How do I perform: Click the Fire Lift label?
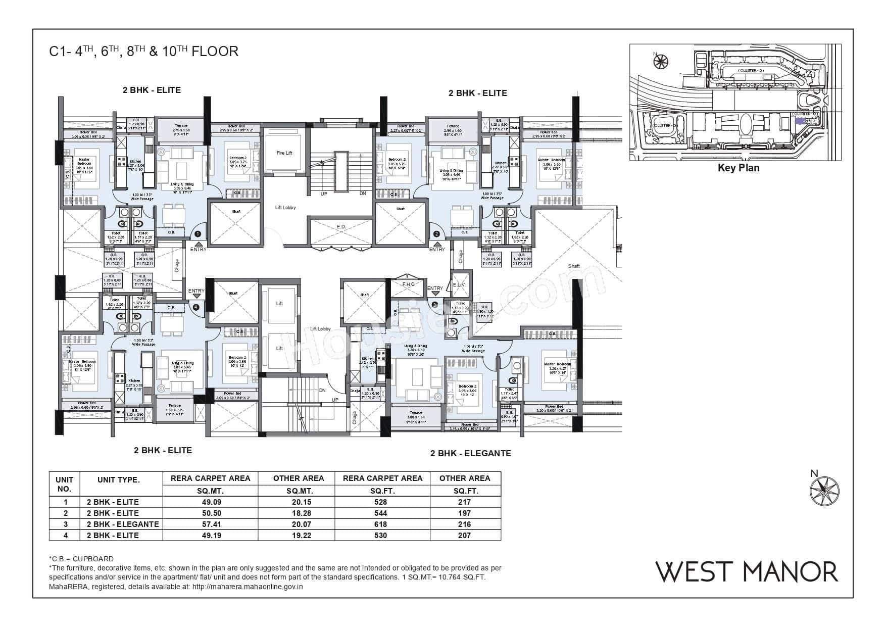point(284,153)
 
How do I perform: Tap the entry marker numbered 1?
point(198,234)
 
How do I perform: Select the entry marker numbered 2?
point(436,234)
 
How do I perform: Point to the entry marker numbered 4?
point(196,306)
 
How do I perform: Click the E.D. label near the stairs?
point(341,227)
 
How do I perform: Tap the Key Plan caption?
point(738,168)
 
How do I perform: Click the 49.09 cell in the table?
point(210,502)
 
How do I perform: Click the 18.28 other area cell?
point(298,513)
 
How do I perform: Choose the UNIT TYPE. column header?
point(119,480)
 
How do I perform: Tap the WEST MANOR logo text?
point(747,571)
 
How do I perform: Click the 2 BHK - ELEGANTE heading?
point(470,454)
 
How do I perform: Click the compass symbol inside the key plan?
point(660,62)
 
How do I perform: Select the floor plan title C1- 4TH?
point(143,52)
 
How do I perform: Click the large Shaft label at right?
point(574,266)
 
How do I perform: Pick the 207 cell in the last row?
point(464,536)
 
